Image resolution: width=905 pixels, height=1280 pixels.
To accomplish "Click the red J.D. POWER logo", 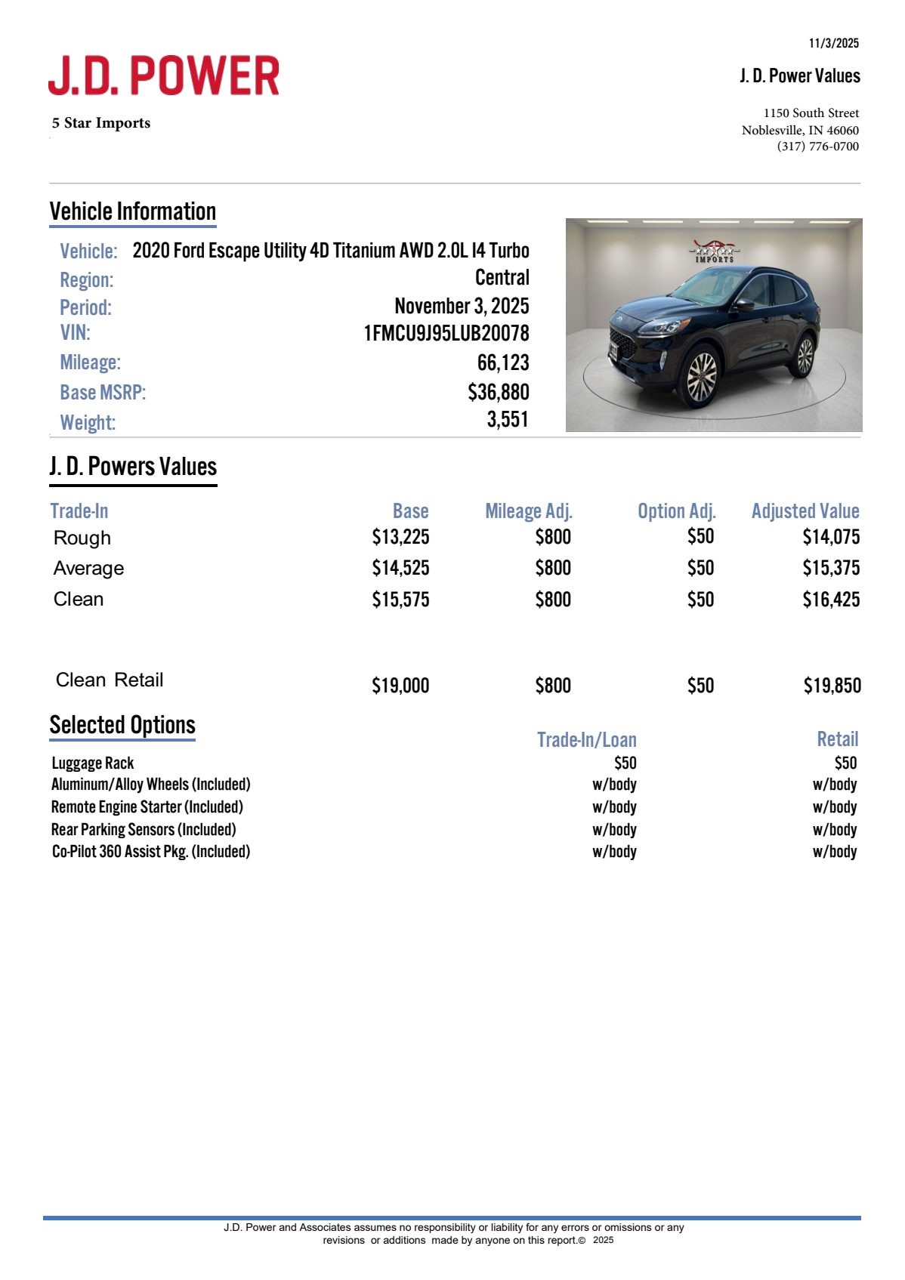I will click(x=164, y=76).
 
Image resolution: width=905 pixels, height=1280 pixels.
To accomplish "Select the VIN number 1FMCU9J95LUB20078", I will click(x=446, y=334).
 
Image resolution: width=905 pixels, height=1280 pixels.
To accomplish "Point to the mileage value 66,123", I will click(x=502, y=363).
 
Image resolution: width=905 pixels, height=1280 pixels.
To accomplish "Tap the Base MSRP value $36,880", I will click(x=498, y=393).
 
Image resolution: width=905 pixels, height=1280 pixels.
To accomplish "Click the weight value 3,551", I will click(x=508, y=420).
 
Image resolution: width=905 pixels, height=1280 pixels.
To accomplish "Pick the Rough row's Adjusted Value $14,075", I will click(x=830, y=537).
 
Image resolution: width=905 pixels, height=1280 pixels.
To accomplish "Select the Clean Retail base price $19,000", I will click(x=400, y=686).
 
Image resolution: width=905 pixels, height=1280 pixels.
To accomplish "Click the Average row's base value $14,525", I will click(x=400, y=568).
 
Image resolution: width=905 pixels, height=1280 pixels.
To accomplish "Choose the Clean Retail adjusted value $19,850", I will click(x=832, y=686).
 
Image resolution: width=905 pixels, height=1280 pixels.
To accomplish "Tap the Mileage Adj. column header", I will click(x=528, y=511).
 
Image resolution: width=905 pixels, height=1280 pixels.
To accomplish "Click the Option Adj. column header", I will click(x=676, y=511).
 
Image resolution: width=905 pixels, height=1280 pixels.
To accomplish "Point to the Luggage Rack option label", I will click(x=93, y=763).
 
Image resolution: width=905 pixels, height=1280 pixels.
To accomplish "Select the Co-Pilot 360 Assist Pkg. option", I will click(x=150, y=852).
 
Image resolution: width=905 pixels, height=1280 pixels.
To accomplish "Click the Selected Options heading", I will click(x=122, y=725).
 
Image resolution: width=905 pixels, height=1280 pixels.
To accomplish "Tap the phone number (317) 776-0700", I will click(x=817, y=147).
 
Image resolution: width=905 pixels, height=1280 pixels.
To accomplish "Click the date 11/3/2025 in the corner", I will click(x=833, y=43).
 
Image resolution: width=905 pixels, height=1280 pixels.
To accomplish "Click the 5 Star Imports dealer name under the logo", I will click(x=101, y=123).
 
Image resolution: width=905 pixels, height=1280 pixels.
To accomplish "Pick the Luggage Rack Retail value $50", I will click(x=845, y=763).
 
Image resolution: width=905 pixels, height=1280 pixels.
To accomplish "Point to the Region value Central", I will click(x=502, y=278).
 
